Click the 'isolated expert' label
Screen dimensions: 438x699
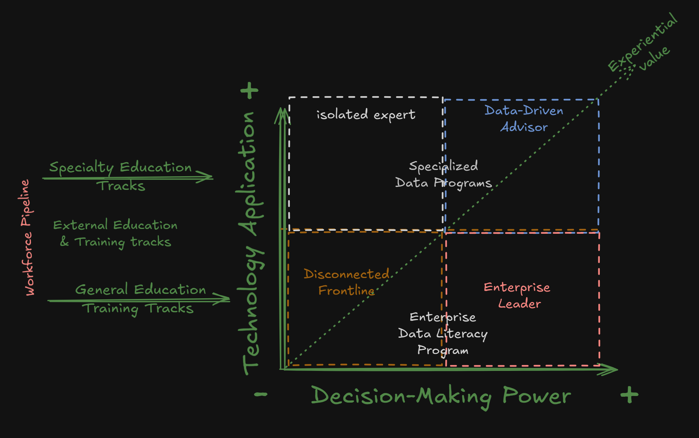coord(366,115)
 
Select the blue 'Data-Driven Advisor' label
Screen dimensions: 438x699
coord(524,119)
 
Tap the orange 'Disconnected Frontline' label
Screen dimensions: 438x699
coord(347,282)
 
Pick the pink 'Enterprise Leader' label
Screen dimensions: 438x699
coord(517,295)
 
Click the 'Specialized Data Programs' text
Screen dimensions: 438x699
coord(444,174)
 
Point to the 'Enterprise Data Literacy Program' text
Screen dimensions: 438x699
coord(443,334)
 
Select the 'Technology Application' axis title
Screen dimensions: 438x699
coord(251,243)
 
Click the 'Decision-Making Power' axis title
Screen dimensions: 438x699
coord(441,396)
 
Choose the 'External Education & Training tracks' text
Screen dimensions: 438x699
coord(115,233)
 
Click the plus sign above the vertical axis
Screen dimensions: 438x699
coord(250,91)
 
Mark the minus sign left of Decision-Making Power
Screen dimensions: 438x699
coord(261,395)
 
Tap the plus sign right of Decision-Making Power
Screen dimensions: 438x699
coord(629,395)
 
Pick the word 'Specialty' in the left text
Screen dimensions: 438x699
coord(81,167)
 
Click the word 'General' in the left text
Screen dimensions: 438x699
coord(101,290)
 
